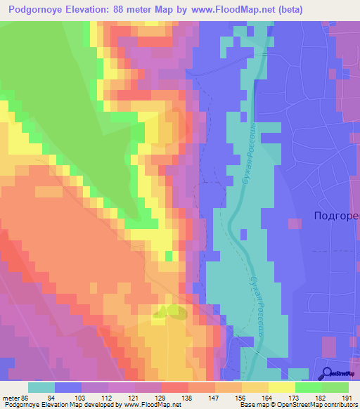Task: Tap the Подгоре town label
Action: click(335, 217)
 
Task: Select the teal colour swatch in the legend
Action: click(41, 387)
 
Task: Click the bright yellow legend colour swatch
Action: click(282, 387)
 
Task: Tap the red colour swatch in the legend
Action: click(175, 387)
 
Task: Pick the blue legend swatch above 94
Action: click(68, 387)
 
